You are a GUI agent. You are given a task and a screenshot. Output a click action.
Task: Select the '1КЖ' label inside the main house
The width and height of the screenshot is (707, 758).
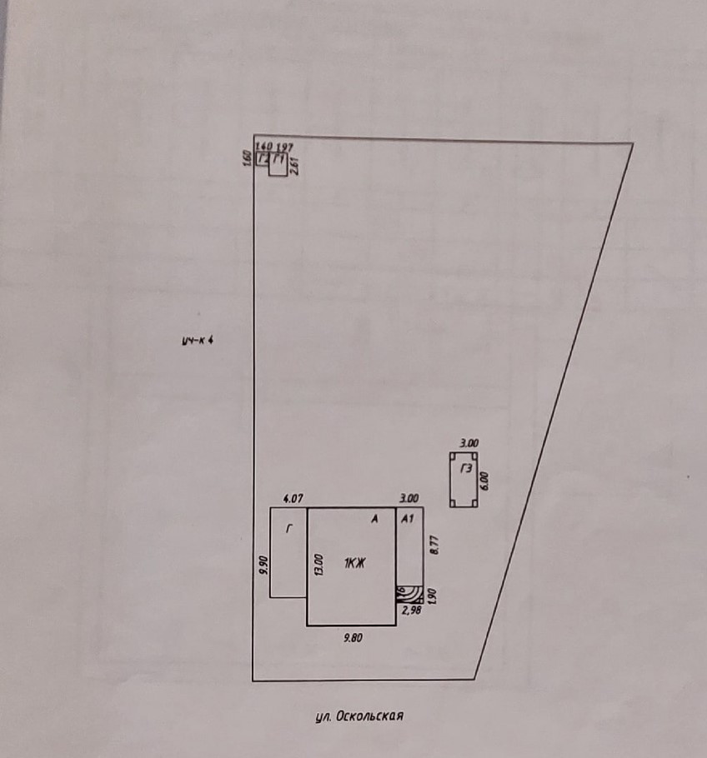point(354,564)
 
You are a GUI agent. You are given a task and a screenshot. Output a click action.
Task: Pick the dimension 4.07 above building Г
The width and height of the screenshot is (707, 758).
point(293,498)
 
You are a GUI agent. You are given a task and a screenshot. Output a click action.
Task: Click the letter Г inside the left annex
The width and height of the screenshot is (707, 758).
point(289,528)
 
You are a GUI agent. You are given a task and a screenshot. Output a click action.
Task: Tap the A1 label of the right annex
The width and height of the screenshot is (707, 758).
point(408,519)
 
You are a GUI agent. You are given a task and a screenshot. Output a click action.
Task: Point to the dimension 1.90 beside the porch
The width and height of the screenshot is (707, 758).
point(430,595)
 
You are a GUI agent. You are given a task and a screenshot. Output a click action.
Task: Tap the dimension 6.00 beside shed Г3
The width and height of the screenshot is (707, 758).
point(484,480)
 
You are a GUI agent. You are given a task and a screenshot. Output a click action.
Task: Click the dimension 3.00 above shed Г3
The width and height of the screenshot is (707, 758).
point(469,444)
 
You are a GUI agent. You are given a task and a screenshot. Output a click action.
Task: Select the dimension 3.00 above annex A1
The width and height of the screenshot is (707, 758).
point(409,498)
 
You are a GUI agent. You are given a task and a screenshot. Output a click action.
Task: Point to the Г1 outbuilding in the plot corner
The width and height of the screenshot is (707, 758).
point(279,161)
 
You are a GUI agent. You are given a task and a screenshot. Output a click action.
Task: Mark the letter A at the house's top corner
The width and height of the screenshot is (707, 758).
point(375,519)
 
